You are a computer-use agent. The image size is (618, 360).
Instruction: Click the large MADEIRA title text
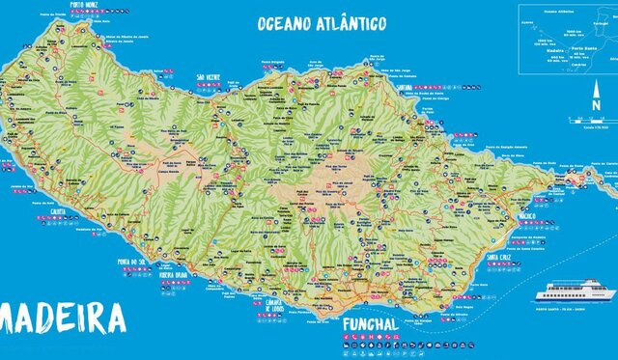coord(63,318)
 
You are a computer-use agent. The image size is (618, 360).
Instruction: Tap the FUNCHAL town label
coord(369,322)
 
